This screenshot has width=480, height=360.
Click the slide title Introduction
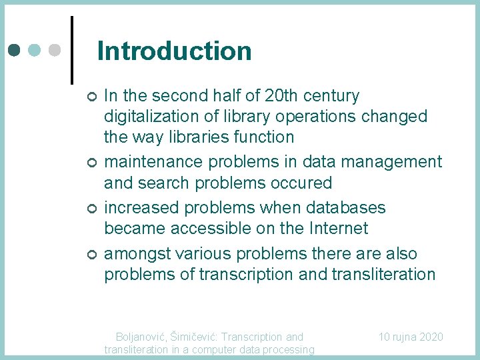[174, 51]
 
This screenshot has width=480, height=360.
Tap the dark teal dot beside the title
[15, 50]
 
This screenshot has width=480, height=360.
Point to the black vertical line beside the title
[71, 50]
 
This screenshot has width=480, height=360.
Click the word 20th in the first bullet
[283, 96]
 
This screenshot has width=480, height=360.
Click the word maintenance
[154, 162]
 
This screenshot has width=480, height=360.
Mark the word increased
[145, 208]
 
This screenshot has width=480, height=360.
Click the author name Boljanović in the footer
[141, 337]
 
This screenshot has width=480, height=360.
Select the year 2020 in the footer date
[429, 337]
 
